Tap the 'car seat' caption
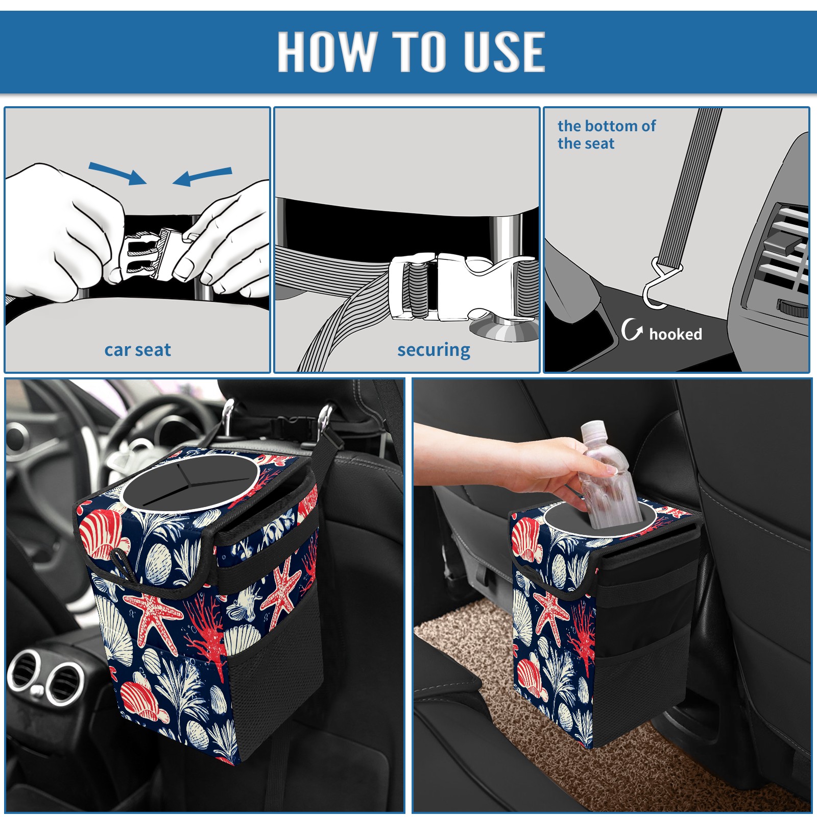coord(137,350)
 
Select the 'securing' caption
coord(434,350)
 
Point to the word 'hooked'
coord(676,334)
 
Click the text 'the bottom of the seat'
coord(606,134)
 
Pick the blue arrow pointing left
coord(202,177)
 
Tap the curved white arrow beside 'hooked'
coord(632,329)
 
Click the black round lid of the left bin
coord(190,483)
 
